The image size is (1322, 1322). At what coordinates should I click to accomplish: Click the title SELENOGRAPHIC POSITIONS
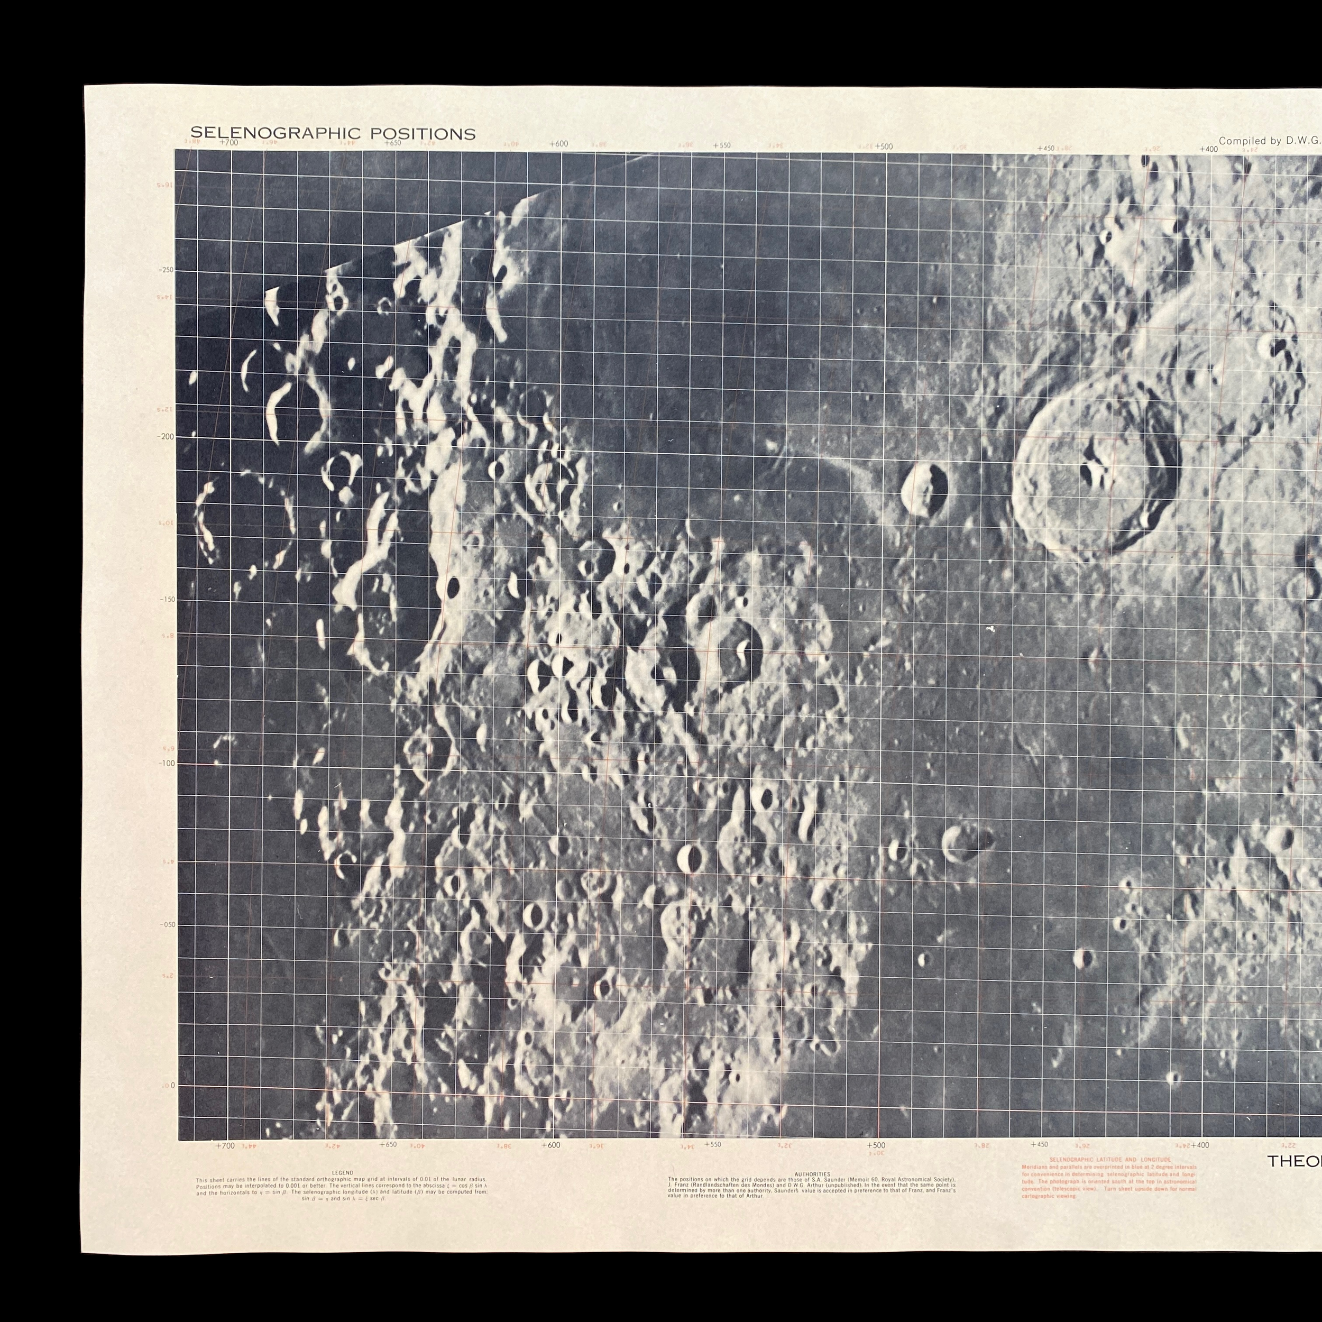(x=333, y=133)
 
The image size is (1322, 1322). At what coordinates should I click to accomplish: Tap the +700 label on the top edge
(x=228, y=142)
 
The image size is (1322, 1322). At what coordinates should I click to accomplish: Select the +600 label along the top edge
(x=558, y=144)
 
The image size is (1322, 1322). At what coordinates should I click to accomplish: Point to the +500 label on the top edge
(x=884, y=146)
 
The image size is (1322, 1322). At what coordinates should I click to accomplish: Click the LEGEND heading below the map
(x=343, y=1173)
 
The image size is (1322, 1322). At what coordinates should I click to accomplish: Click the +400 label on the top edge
(x=1208, y=149)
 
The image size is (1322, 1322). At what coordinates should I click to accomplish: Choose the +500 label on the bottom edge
(x=876, y=1145)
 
